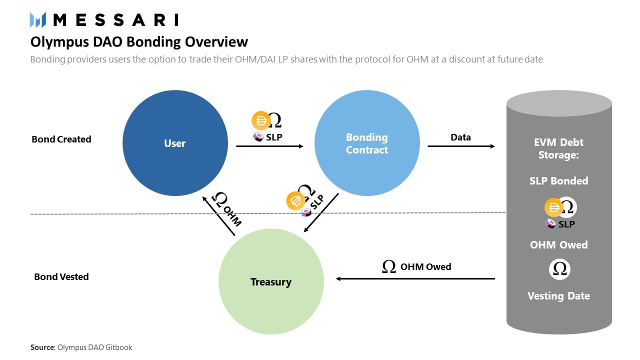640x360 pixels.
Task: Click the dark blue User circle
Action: [x=175, y=143]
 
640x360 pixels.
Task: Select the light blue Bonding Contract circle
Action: [x=367, y=143]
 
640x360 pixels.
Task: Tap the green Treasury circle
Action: [x=271, y=282]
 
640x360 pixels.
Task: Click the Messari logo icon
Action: [x=38, y=20]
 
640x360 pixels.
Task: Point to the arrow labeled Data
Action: [x=461, y=146]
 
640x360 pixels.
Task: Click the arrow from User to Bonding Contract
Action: [x=269, y=146]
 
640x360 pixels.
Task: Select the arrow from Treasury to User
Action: [x=218, y=215]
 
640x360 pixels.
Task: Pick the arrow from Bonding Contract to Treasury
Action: [x=321, y=213]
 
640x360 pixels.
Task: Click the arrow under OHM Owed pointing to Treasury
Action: [x=415, y=278]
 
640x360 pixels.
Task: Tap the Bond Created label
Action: [x=61, y=139]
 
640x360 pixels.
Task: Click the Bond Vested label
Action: [x=61, y=276]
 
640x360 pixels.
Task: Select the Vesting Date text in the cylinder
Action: [x=558, y=296]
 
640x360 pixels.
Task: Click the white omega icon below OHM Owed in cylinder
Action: [x=559, y=269]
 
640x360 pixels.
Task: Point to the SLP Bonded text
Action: [x=558, y=181]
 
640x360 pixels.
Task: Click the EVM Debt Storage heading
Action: [x=558, y=148]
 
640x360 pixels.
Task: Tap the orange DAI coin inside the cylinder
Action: [x=553, y=207]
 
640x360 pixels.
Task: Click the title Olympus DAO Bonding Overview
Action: [x=139, y=41]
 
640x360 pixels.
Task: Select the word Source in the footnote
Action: [x=42, y=347]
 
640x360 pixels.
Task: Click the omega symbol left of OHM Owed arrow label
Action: [x=388, y=267]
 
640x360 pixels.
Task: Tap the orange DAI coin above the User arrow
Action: [x=260, y=120]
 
